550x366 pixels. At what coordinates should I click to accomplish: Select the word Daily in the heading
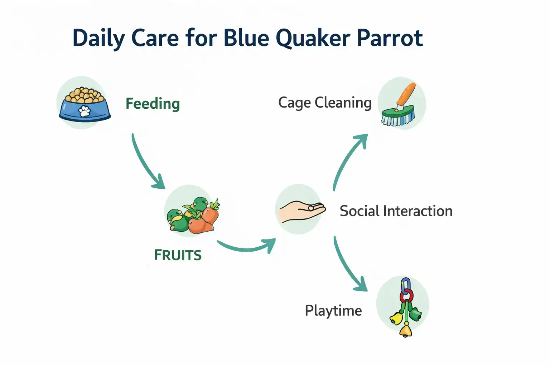point(98,38)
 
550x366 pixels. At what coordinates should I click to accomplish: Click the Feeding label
point(153,104)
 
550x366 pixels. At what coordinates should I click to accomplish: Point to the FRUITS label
point(178,255)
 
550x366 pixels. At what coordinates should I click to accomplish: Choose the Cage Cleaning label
point(325,103)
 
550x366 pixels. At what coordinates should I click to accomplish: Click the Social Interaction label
point(396,211)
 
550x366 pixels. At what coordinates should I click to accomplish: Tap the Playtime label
point(333,310)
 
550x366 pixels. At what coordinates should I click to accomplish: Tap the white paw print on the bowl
point(85,111)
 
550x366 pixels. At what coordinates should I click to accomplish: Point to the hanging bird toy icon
point(405,307)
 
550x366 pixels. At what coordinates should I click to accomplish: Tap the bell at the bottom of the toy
point(406,330)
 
